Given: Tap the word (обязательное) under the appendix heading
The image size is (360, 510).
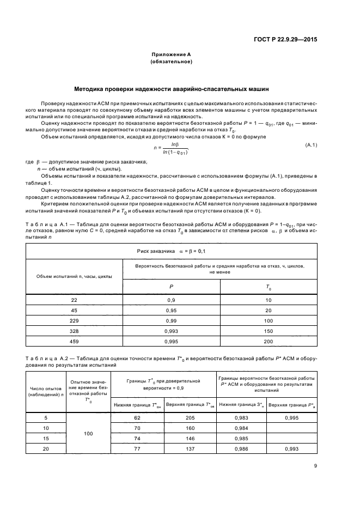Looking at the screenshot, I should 171,63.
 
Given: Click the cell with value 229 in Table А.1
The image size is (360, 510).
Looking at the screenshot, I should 74,321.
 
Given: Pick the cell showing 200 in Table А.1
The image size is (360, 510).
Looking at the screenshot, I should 268,342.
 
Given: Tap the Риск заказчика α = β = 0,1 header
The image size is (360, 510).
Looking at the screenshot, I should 171,251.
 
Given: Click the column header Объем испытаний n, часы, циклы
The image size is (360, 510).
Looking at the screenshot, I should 74,276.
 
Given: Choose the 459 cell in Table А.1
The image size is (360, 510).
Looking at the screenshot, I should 74,342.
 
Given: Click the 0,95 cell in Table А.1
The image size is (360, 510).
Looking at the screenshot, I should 171,311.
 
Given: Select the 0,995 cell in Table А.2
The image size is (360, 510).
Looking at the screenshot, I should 292,418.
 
